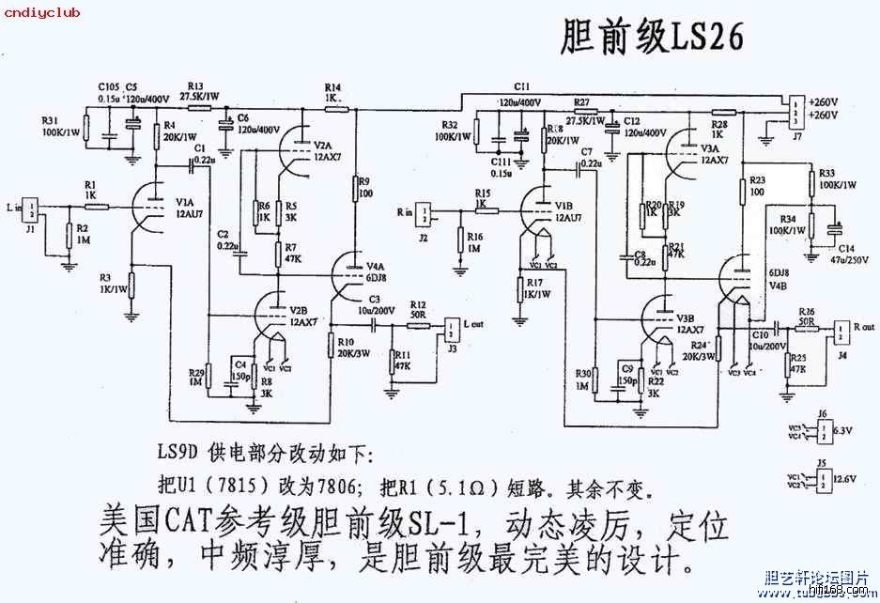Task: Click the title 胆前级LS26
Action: (652, 38)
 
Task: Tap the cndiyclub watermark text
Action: (41, 11)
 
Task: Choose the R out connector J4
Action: (841, 330)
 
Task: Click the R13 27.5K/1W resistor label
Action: (203, 90)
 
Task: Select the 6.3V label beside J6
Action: (843, 430)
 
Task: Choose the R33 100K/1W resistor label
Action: (838, 178)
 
